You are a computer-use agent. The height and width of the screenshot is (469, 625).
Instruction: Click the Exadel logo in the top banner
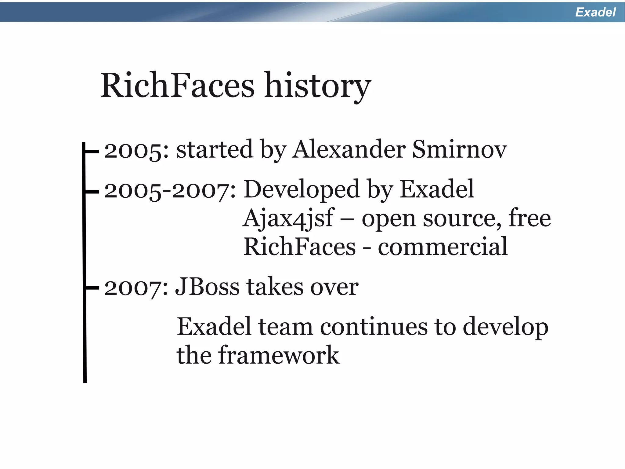point(595,12)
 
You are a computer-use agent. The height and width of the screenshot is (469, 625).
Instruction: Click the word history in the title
point(317,86)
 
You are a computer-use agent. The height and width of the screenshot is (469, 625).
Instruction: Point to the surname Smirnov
point(459,149)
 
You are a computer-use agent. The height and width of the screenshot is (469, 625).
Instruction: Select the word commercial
point(443,247)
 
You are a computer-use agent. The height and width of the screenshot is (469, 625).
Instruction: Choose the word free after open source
point(529,218)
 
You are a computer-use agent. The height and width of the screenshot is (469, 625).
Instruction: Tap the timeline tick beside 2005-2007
point(92,192)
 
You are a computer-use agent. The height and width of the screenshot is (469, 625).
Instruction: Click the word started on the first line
point(215,149)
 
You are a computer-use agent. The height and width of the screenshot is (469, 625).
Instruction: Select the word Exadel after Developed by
point(437,189)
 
